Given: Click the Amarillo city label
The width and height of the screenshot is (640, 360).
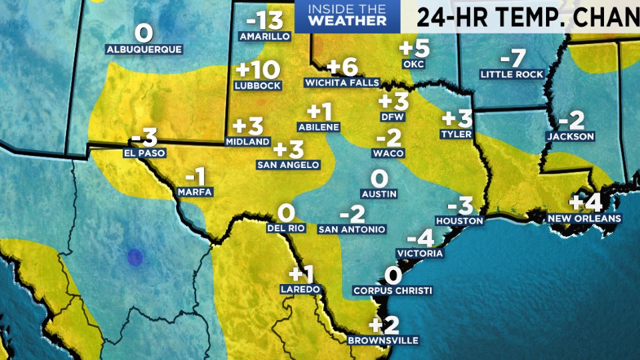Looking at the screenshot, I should click(x=265, y=36).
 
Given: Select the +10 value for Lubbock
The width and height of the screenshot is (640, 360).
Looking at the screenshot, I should click(x=257, y=70).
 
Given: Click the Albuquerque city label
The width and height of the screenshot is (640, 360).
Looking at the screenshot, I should click(x=144, y=49).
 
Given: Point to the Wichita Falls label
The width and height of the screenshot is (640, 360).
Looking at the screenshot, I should click(x=342, y=83).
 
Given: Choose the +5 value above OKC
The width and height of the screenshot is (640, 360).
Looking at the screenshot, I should click(x=413, y=49).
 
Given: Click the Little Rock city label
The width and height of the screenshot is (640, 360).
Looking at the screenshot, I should click(x=512, y=74).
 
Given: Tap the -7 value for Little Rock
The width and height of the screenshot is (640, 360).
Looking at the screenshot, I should click(x=513, y=57).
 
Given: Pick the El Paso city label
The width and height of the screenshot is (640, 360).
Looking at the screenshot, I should click(x=144, y=153).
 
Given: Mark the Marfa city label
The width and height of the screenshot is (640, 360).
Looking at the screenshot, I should click(x=195, y=192).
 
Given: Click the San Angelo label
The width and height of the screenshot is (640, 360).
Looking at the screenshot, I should click(x=288, y=164).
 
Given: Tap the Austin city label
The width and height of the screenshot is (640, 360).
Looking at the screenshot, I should click(x=379, y=194).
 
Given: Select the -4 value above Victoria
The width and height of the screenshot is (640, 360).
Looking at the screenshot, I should click(x=420, y=237).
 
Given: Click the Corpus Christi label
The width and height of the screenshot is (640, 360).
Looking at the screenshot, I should click(x=393, y=291).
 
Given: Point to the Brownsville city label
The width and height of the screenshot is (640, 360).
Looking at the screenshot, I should click(x=383, y=340).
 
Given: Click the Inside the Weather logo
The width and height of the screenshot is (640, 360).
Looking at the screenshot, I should click(x=347, y=16).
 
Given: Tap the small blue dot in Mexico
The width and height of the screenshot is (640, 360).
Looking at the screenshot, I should click(x=135, y=256).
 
